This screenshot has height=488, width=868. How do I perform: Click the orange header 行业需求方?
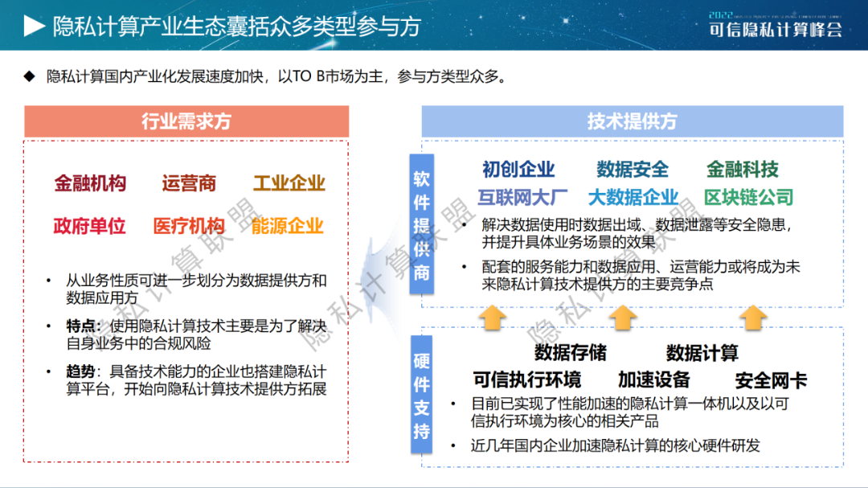(186, 121)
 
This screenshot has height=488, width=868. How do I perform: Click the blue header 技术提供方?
(633, 121)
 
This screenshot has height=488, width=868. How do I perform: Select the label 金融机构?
(90, 183)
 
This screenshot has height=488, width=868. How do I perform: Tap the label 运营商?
(189, 183)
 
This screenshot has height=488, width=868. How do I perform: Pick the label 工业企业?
(289, 183)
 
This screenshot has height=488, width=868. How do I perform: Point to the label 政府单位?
(90, 226)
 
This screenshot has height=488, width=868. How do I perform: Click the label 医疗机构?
(189, 226)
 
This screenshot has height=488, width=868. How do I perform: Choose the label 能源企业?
(287, 226)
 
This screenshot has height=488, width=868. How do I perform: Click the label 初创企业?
(518, 170)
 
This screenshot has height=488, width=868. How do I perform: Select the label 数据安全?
(633, 170)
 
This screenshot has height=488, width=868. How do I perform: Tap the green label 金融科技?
(743, 170)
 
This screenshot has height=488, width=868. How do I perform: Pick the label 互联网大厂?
(522, 197)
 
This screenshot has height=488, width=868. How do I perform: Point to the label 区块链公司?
(749, 197)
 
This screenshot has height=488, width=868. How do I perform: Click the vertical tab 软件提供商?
(422, 224)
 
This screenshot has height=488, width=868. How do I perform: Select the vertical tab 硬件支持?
(422, 395)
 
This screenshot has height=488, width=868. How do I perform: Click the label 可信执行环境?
(527, 380)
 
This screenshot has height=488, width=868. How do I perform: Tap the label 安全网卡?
(771, 380)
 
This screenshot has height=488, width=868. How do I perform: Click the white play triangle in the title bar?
(34, 26)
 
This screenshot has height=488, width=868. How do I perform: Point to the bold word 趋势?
(80, 371)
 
